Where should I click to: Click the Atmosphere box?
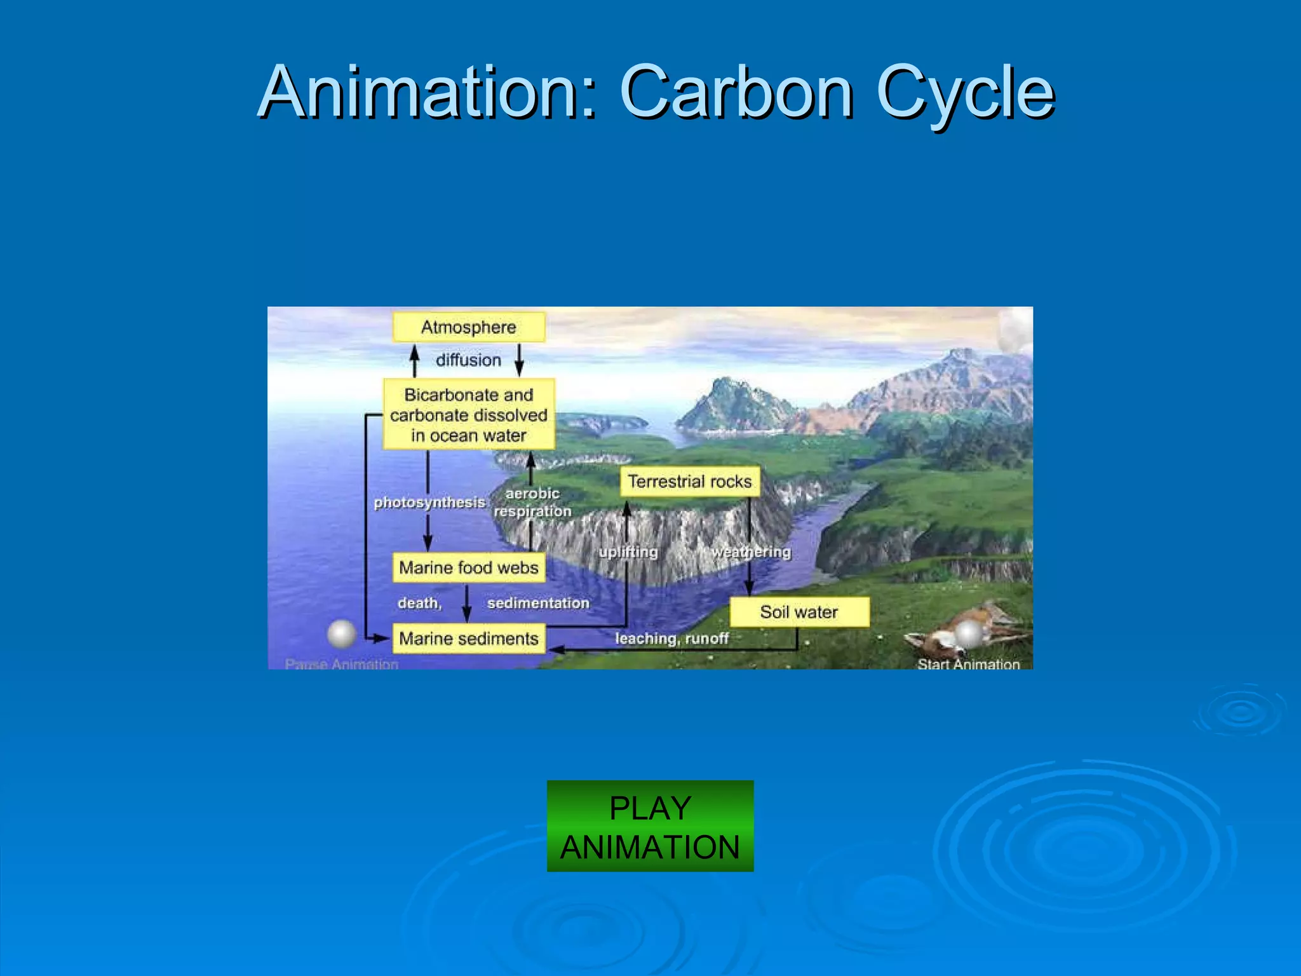468,327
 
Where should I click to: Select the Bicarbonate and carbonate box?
468,414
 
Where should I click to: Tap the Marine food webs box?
468,567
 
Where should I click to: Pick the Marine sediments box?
468,639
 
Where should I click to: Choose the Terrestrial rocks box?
689,482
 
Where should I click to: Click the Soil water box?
799,612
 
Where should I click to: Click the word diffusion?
468,360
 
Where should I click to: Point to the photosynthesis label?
429,503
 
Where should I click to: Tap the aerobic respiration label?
532,502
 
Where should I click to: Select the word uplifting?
628,552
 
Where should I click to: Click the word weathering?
751,552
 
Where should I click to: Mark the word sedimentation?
538,603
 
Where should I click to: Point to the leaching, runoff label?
671,639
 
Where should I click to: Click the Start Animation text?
968,664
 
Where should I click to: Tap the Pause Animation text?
341,664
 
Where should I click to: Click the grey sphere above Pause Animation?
341,634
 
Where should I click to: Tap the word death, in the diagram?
419,603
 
